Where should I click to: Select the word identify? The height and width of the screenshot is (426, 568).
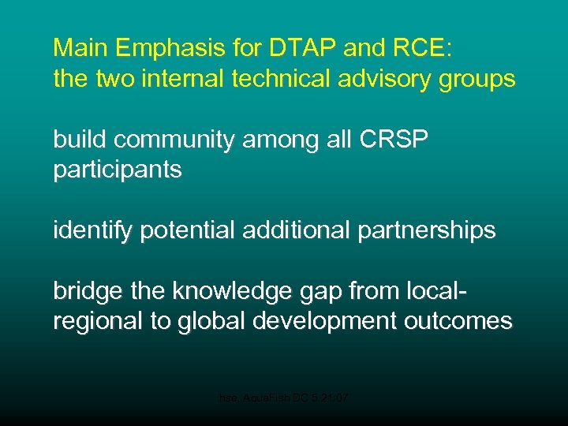point(85,231)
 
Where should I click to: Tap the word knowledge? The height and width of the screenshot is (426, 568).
point(234,292)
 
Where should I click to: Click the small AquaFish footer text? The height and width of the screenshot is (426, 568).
point(283,400)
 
